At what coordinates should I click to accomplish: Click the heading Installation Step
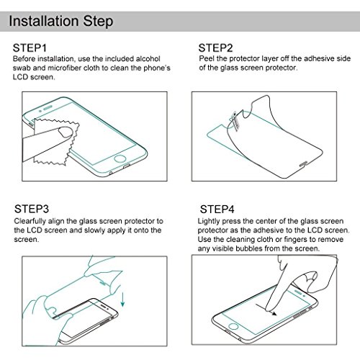tap(61, 22)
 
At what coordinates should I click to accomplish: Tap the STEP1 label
tap(30, 48)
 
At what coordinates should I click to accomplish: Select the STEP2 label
tap(215, 48)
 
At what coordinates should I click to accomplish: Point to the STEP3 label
tap(32, 209)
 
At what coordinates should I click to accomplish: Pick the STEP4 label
tap(217, 210)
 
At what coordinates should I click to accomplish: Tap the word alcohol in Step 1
tap(148, 59)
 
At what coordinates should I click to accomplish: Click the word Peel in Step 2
tap(207, 58)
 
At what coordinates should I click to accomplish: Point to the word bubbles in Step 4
tap(249, 248)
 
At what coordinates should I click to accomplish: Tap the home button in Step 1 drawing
tap(120, 158)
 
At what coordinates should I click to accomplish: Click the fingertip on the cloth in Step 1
tap(66, 132)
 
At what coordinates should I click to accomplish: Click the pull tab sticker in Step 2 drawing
tap(235, 120)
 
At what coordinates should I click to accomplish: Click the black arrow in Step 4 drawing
tap(266, 310)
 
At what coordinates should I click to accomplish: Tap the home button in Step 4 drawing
tap(233, 326)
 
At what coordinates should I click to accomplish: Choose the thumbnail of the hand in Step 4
tap(311, 276)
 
